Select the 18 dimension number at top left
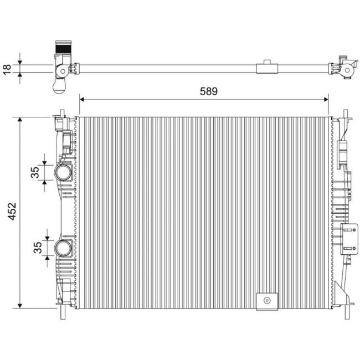point(7,69)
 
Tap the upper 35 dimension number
point(35,173)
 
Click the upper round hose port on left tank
point(63,173)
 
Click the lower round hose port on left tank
point(63,247)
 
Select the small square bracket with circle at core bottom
point(266,301)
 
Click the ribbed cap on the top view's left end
point(63,48)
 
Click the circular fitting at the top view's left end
point(61,70)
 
